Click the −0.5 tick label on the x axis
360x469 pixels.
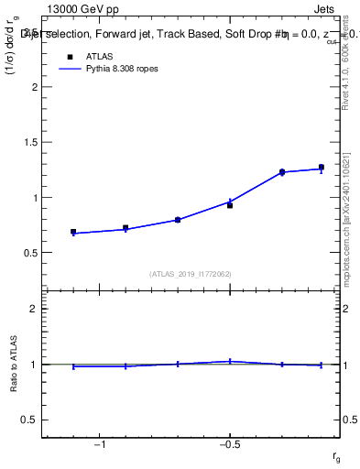(x=229, y=443)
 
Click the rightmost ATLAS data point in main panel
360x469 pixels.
(x=322, y=168)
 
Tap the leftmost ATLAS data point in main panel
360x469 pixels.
(x=73, y=232)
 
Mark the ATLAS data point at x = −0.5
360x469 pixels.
(x=230, y=205)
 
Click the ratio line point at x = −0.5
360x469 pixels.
(x=230, y=361)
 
